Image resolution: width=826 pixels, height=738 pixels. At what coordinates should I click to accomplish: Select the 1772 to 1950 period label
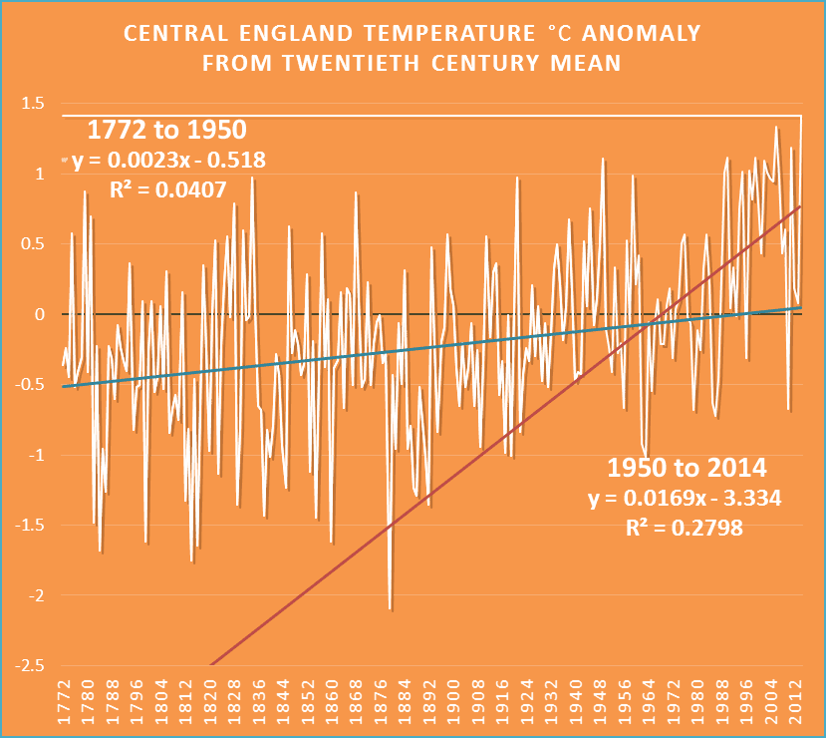click(x=167, y=130)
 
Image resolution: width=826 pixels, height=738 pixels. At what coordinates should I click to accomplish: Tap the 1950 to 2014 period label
click(x=688, y=468)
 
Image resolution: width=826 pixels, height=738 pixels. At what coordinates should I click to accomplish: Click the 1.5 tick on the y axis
click(x=33, y=104)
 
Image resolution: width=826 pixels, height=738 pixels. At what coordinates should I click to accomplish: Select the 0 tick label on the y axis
click(x=41, y=315)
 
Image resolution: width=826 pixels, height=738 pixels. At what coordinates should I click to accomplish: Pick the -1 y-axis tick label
click(x=35, y=456)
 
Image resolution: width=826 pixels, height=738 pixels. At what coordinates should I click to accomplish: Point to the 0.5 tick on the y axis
click(x=33, y=244)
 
